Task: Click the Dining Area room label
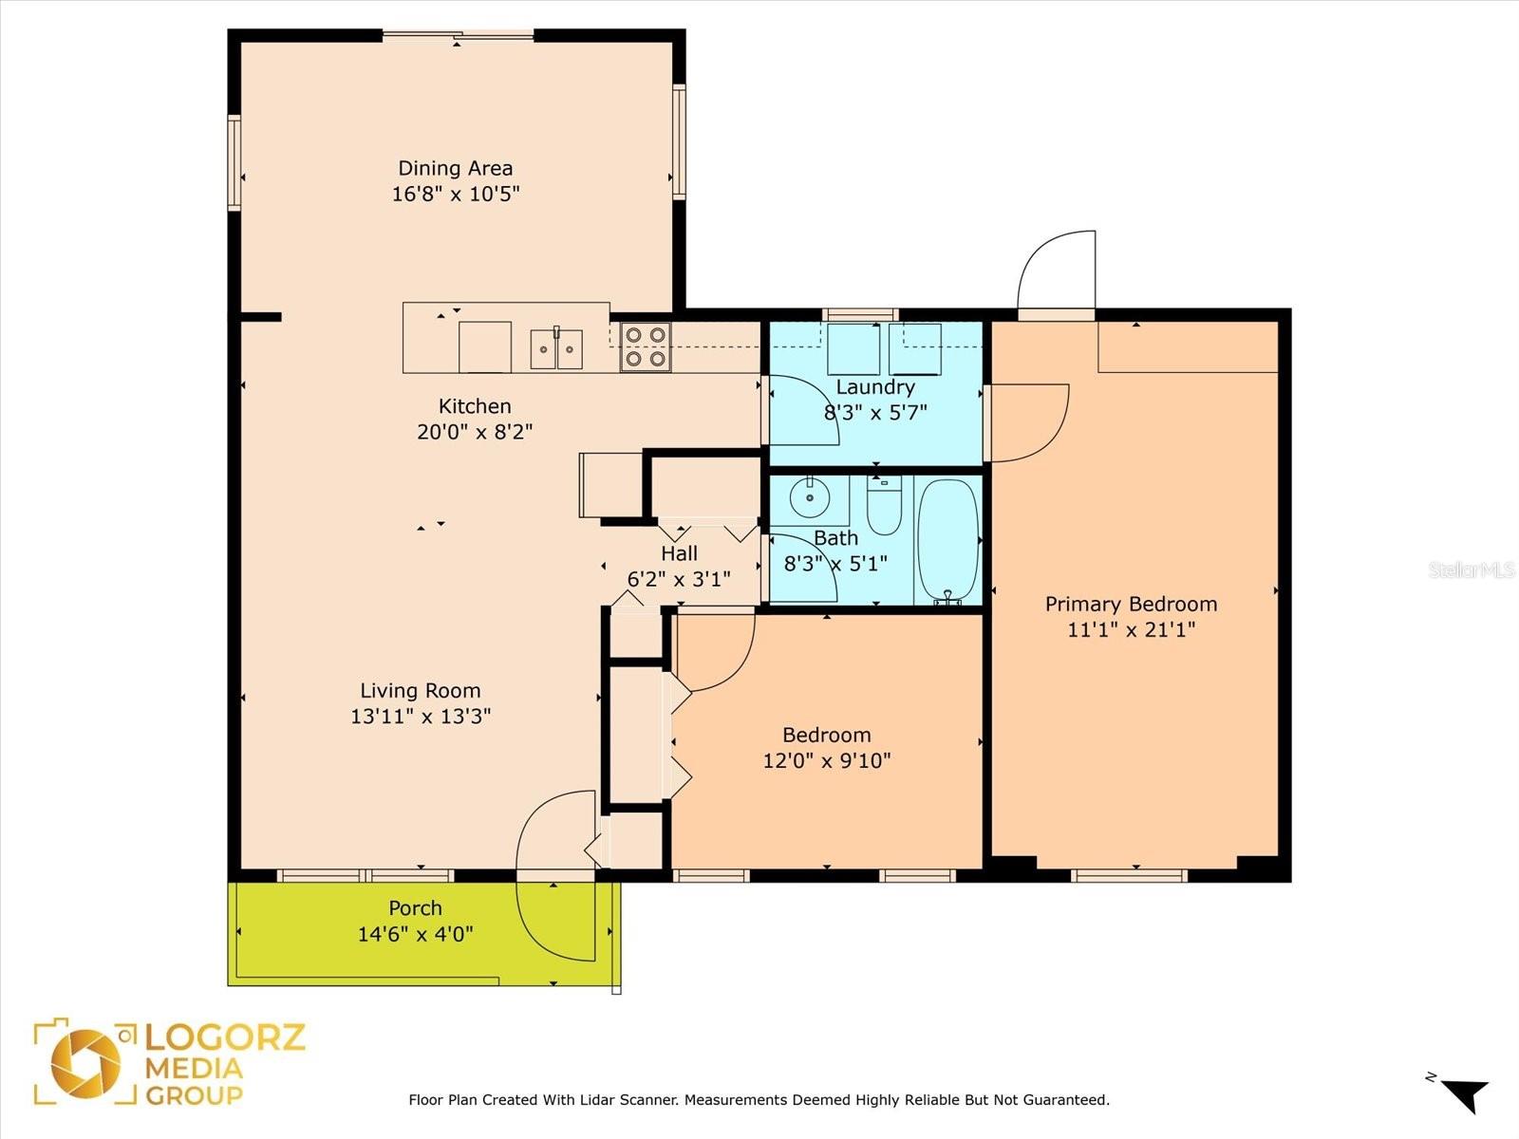(456, 168)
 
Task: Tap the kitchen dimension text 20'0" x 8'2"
(475, 432)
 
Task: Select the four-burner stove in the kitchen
(645, 347)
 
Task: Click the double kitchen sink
(556, 349)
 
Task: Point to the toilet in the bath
(885, 506)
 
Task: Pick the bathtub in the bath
(948, 540)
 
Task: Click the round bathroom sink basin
(810, 497)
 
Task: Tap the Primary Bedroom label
(1132, 604)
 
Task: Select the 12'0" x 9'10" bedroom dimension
(827, 760)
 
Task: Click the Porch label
(415, 908)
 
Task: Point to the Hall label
(679, 553)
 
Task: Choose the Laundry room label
(875, 387)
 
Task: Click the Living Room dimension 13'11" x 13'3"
(421, 716)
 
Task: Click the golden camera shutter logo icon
(85, 1063)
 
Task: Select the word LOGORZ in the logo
(225, 1037)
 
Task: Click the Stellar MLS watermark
(1472, 569)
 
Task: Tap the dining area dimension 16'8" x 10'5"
(456, 194)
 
